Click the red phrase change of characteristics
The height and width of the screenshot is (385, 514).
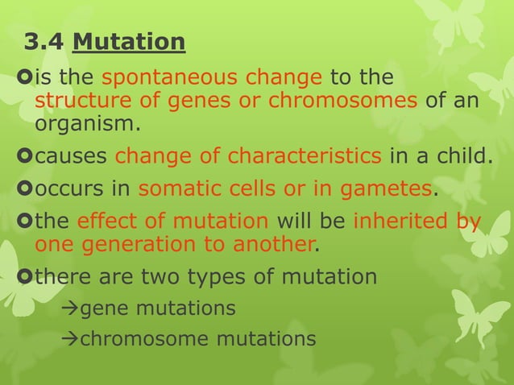point(251,155)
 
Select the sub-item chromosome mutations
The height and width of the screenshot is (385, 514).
point(197,339)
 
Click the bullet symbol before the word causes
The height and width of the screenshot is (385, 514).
point(23,155)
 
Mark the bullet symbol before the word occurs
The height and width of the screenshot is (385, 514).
point(23,189)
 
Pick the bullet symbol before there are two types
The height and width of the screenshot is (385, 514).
point(23,277)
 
